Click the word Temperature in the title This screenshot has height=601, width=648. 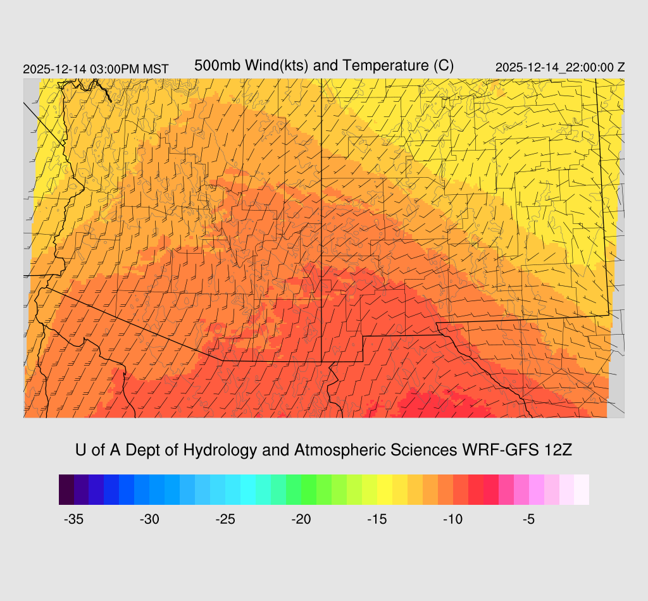tap(371, 66)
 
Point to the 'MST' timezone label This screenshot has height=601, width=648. tap(156, 69)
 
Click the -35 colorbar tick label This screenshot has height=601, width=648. tap(74, 519)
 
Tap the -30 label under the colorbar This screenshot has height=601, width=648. tap(149, 519)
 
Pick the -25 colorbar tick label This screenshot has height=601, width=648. tap(225, 519)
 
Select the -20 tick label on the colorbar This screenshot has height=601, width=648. tap(301, 519)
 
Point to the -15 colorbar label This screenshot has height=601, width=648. tap(377, 519)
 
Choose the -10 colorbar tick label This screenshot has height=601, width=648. tap(453, 519)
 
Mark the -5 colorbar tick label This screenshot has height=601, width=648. tap(529, 519)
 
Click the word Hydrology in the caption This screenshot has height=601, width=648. tap(220, 450)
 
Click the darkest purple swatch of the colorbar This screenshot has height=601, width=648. tap(66, 490)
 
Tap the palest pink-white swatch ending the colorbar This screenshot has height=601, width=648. tap(582, 490)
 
